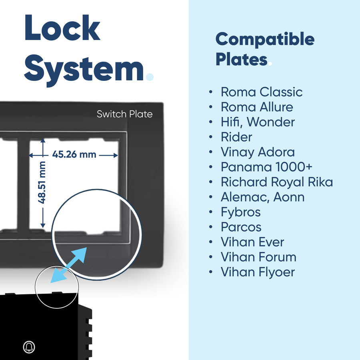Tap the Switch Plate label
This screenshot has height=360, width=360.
tap(124, 114)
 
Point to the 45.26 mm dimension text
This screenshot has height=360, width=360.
tap(74, 154)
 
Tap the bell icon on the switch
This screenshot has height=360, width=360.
tap(29, 347)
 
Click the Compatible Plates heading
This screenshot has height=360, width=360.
tap(265, 49)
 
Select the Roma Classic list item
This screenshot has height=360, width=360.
tap(262, 92)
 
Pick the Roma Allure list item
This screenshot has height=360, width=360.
tap(257, 107)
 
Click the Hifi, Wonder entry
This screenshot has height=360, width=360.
tap(258, 122)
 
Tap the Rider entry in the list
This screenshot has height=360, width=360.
tap(236, 137)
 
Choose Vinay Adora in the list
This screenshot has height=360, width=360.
tap(258, 152)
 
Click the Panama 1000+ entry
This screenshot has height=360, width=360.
tap(266, 167)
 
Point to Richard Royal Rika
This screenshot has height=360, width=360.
tap(277, 182)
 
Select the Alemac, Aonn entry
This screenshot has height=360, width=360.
tap(262, 197)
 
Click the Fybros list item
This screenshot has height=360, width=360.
tap(240, 212)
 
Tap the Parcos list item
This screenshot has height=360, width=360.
tap(241, 227)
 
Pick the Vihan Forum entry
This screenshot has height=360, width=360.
tap(258, 257)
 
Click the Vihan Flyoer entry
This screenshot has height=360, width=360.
tap(258, 272)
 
